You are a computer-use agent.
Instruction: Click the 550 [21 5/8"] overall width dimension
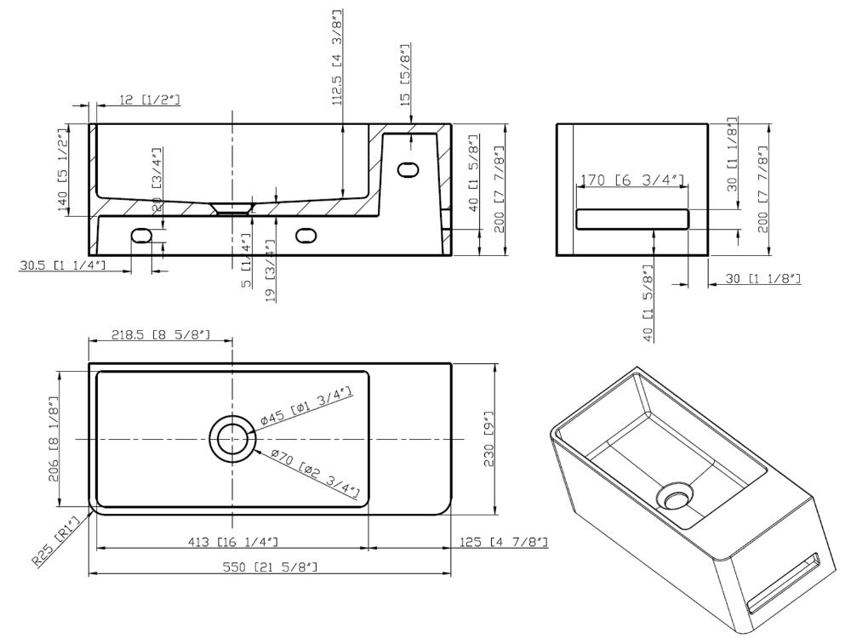270,567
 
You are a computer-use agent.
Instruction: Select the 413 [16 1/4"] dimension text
233,541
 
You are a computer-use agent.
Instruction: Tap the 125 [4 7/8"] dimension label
504,541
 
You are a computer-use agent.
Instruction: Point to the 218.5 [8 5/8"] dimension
161,334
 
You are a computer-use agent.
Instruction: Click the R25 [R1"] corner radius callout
56,541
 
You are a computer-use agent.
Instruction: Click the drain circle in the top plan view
233,438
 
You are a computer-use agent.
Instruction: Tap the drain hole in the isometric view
675,495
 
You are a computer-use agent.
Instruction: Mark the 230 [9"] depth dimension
489,438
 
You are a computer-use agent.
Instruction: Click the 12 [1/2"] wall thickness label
149,100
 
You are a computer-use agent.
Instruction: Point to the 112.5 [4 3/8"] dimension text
338,56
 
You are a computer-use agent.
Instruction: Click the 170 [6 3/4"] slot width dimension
632,179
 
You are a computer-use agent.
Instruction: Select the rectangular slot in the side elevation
632,219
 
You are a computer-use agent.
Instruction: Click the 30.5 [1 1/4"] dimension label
62,265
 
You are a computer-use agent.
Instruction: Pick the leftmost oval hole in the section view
141,236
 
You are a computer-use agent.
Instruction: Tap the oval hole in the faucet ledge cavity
408,169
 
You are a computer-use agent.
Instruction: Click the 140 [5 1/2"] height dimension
63,169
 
